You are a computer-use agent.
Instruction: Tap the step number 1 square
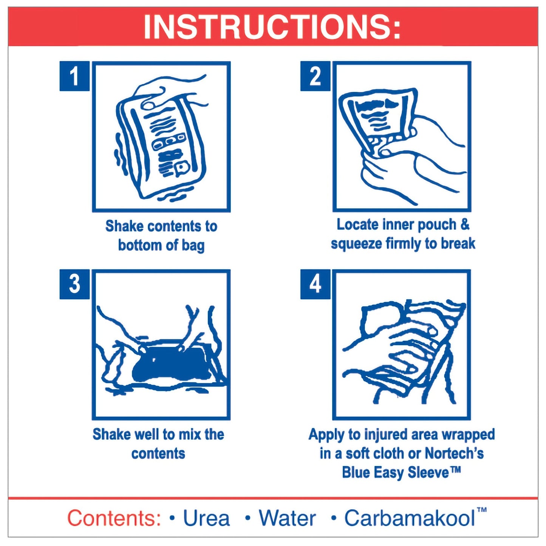[x=74, y=76]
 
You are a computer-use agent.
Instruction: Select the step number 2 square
[x=315, y=76]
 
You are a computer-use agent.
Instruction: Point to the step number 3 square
[x=74, y=284]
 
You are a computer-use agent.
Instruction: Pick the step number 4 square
[x=315, y=284]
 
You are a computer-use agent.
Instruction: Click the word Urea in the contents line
[x=206, y=518]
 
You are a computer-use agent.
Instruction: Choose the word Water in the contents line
[x=287, y=518]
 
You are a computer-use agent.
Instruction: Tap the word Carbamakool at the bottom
[x=409, y=518]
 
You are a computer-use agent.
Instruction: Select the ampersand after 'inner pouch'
[x=464, y=224]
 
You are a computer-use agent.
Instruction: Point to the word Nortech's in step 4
[x=454, y=453]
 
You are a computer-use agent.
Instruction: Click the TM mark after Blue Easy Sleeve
[x=456, y=470]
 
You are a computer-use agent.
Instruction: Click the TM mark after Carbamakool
[x=481, y=510]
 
